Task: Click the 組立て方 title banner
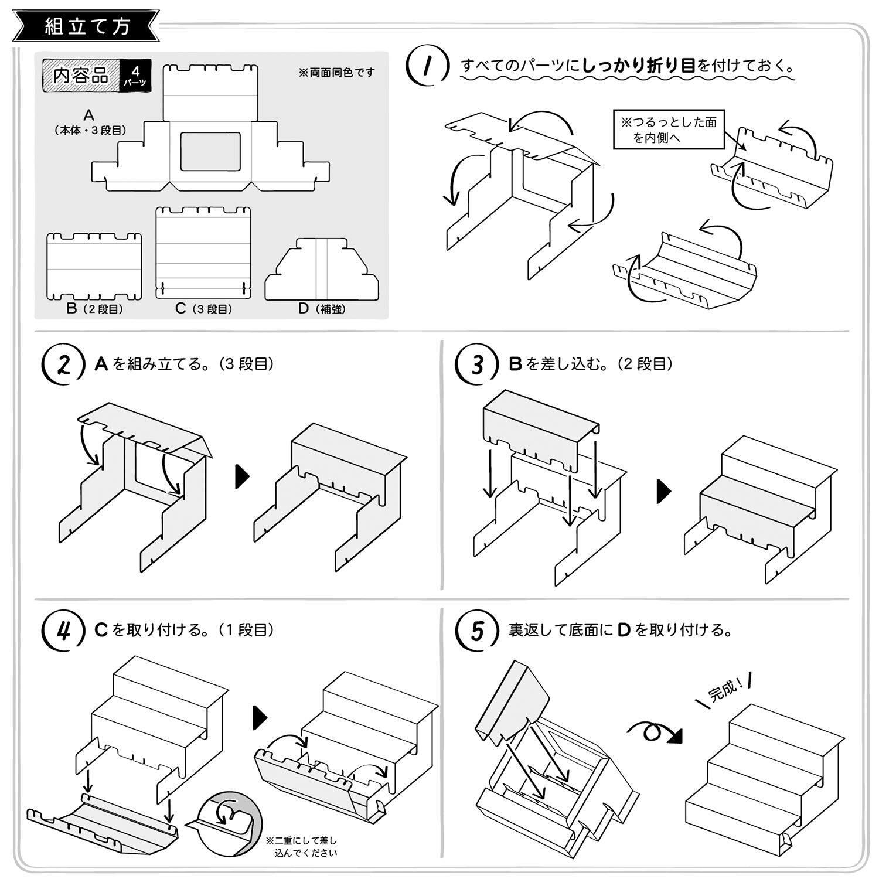click(86, 26)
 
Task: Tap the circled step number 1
click(428, 66)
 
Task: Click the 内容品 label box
click(80, 76)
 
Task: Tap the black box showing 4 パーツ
click(135, 76)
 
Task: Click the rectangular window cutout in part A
click(210, 151)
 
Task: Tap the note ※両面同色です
click(336, 73)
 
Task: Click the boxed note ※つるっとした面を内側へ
click(668, 130)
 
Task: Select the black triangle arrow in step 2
click(241, 476)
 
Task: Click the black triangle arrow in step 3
click(663, 491)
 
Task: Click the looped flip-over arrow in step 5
click(655, 732)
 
